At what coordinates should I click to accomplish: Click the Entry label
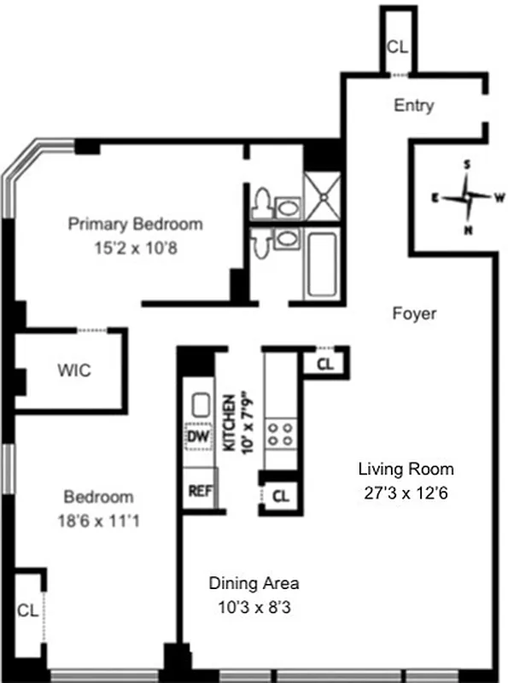[x=413, y=106]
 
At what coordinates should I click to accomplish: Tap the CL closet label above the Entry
[x=397, y=47]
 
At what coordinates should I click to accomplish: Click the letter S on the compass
[x=467, y=164]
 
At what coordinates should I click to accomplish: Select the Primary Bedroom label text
[x=136, y=225]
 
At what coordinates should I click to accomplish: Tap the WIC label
[x=74, y=371]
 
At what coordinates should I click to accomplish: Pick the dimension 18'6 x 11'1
[x=100, y=521]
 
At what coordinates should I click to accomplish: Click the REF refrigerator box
[x=199, y=491]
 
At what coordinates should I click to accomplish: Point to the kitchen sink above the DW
[x=199, y=405]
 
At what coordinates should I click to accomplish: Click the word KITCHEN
[x=229, y=420]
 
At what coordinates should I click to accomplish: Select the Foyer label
[x=414, y=313]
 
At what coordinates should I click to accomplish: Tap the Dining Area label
[x=254, y=584]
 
